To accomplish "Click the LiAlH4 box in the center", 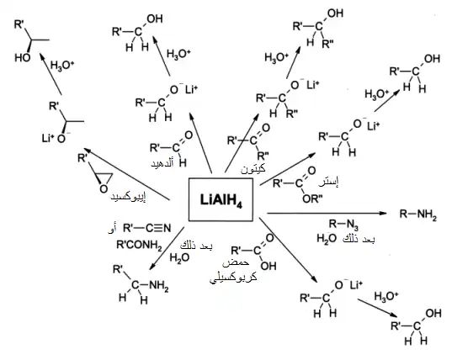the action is pyautogui.click(x=221, y=199).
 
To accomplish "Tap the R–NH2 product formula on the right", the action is pyautogui.click(x=417, y=214).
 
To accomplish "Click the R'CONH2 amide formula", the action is pyautogui.click(x=139, y=245).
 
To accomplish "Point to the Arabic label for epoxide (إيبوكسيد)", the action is pyautogui.click(x=128, y=197).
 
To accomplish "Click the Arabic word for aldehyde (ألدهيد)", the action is pyautogui.click(x=162, y=164).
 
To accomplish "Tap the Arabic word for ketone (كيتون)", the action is pyautogui.click(x=253, y=169).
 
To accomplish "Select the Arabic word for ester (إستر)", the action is pyautogui.click(x=328, y=182).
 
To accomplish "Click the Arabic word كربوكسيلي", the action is pyautogui.click(x=233, y=278).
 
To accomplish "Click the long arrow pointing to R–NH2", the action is pyautogui.click(x=327, y=213).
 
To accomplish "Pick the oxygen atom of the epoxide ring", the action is pyautogui.click(x=104, y=188).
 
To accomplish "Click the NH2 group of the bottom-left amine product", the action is pyautogui.click(x=158, y=285).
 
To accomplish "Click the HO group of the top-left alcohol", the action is pyautogui.click(x=23, y=57).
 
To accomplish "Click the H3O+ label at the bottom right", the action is pyautogui.click(x=386, y=296).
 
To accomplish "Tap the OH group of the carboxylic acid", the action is pyautogui.click(x=269, y=266).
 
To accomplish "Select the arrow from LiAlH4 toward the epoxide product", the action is pyautogui.click(x=126, y=173).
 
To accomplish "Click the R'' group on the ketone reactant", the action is pyautogui.click(x=263, y=156).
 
